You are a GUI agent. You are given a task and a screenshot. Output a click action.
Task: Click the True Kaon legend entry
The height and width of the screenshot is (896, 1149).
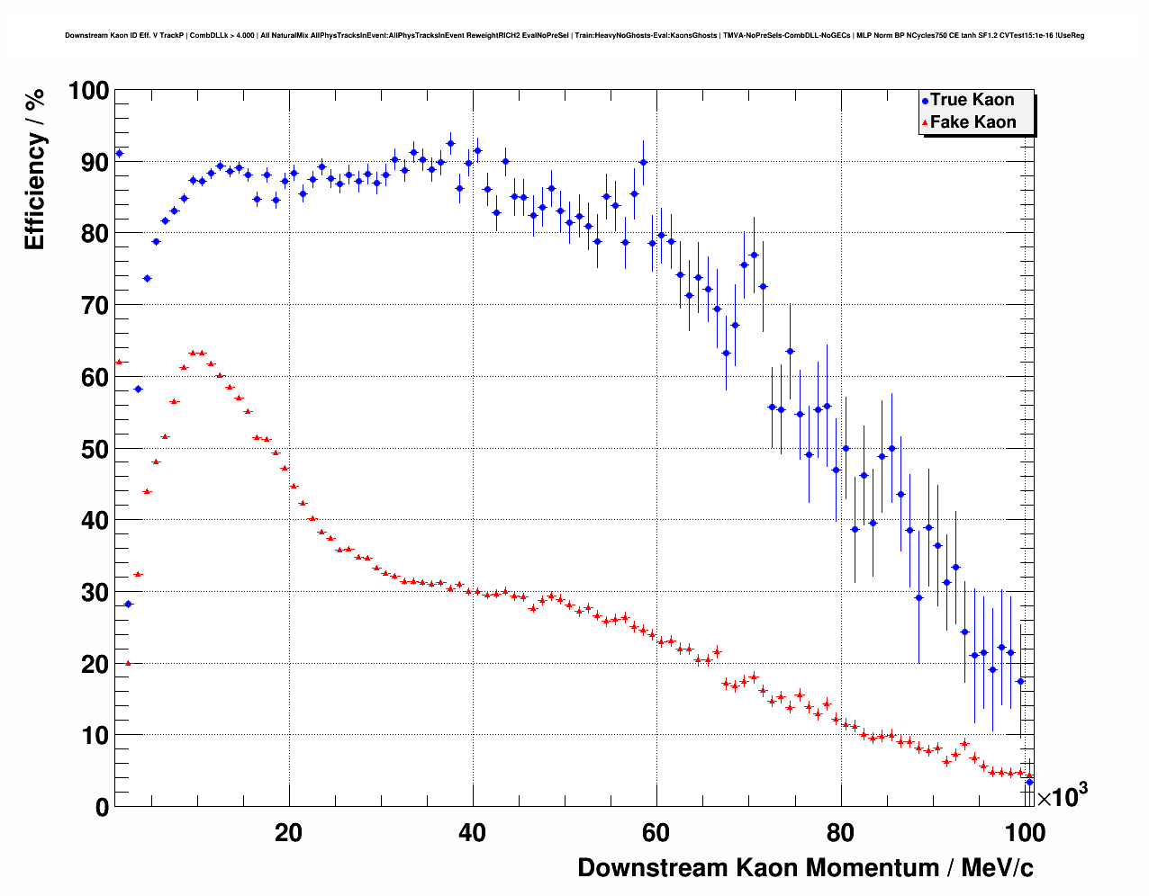(x=972, y=100)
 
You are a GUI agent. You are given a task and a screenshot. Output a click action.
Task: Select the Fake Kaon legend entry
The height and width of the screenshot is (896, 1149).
(x=973, y=122)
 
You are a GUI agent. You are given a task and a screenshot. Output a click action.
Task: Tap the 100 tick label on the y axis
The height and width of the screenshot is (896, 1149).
(x=88, y=91)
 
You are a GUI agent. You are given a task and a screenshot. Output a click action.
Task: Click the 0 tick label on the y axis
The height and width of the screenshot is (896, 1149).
(x=100, y=807)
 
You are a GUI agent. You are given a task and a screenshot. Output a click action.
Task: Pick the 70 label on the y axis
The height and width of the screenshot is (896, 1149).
(x=95, y=306)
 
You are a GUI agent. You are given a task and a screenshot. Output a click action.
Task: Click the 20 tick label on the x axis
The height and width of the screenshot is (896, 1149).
(x=289, y=832)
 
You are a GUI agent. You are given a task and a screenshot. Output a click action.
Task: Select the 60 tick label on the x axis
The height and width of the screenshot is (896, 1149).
(x=656, y=832)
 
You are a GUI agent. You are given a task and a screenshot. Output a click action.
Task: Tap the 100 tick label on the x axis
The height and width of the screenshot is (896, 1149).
(x=1025, y=832)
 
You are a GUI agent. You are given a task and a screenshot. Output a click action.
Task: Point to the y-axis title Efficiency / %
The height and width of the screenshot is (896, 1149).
(x=34, y=170)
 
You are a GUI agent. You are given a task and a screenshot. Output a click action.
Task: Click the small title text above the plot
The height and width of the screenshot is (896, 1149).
(x=574, y=36)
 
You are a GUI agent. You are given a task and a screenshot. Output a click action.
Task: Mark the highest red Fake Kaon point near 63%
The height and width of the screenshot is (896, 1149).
(x=193, y=353)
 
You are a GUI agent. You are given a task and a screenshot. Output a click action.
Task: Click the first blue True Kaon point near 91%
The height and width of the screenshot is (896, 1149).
(x=119, y=154)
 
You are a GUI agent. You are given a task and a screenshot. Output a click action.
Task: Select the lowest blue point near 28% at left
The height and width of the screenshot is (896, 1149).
(x=128, y=604)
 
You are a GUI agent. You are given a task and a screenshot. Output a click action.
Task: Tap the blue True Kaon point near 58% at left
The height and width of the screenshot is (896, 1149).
(x=138, y=389)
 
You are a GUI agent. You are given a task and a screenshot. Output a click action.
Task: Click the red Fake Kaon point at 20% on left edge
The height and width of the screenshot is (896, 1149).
(x=128, y=663)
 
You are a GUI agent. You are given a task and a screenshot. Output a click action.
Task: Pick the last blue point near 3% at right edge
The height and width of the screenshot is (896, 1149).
(x=1029, y=782)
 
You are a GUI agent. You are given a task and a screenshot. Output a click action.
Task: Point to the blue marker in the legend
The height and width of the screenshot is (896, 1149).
(x=925, y=101)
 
